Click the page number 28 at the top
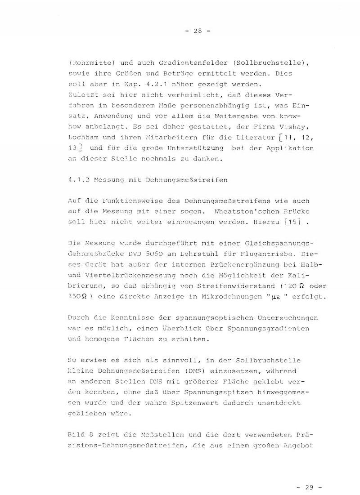pos(198,31)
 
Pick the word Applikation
pos(292,148)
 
